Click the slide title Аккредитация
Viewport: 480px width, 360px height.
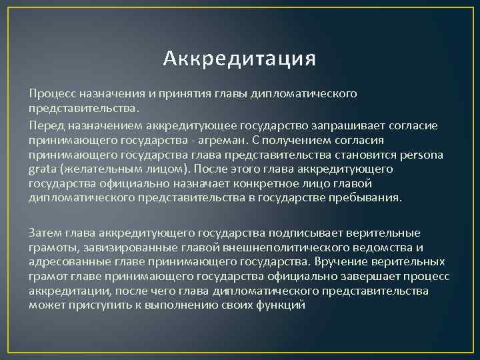tap(239, 59)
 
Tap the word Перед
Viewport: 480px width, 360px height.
tap(45, 124)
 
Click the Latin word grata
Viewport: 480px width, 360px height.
tap(42, 169)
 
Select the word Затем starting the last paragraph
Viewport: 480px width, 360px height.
tap(45, 233)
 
